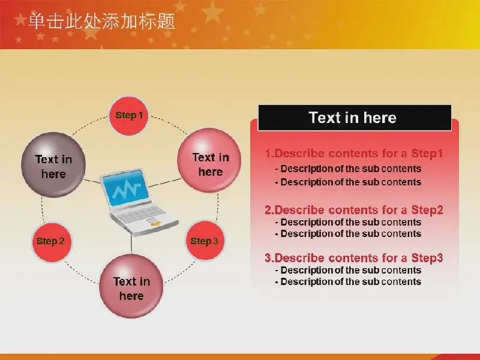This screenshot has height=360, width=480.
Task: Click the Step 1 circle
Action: [x=129, y=116]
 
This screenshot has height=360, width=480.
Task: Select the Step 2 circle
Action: [x=52, y=242]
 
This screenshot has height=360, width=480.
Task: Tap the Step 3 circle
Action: [x=205, y=241]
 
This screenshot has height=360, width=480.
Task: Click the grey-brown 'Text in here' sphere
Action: [x=53, y=164]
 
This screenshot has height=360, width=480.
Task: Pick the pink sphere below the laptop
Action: [x=131, y=286]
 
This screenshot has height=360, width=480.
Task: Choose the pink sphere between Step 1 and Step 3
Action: [x=209, y=160]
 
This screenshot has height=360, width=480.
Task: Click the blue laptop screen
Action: [x=125, y=188]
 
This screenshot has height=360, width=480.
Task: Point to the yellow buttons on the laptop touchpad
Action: [x=155, y=224]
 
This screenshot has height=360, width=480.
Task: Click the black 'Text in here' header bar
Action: [x=355, y=118]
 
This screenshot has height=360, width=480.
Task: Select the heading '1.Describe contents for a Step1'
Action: [x=354, y=154]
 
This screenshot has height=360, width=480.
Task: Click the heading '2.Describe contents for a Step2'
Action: [x=354, y=210]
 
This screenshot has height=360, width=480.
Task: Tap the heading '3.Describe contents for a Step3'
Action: [x=354, y=258]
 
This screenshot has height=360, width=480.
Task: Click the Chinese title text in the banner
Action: [x=101, y=21]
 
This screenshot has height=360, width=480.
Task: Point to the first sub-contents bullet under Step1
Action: [x=348, y=169]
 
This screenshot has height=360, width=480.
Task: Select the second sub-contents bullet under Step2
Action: [x=348, y=233]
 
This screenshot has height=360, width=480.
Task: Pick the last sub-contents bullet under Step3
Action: [x=348, y=281]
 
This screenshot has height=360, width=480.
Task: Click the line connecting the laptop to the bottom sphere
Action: [x=131, y=245]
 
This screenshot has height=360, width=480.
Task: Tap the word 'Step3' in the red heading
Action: [x=427, y=258]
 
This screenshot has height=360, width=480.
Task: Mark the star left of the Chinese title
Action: [x=20, y=20]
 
